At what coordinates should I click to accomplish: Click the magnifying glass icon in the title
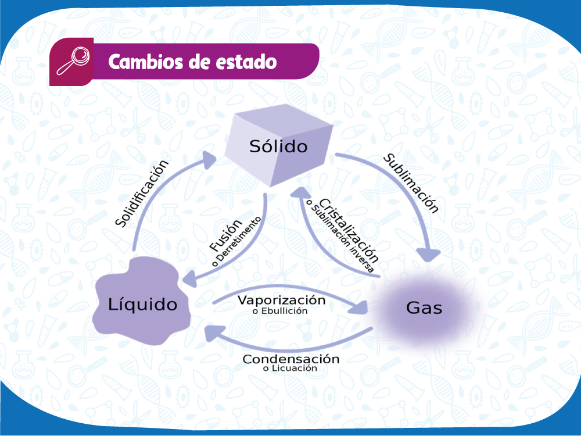click(x=73, y=61)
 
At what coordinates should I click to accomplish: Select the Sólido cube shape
click(x=279, y=145)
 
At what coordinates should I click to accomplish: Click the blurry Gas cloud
click(x=425, y=308)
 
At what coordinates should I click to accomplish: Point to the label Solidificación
click(x=142, y=193)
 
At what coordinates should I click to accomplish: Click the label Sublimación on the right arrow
click(x=411, y=183)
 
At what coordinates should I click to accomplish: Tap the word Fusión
click(x=225, y=235)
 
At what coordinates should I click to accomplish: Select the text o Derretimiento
click(x=236, y=242)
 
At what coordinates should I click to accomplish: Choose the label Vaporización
click(x=282, y=300)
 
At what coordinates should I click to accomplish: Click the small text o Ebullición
click(x=280, y=311)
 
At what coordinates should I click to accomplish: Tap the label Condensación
click(x=291, y=359)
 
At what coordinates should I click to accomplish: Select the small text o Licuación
click(x=290, y=369)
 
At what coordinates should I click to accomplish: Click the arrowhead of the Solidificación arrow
click(x=209, y=160)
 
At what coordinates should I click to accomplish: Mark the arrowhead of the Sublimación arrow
click(x=428, y=255)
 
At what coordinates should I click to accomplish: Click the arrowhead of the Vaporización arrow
click(x=358, y=307)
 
